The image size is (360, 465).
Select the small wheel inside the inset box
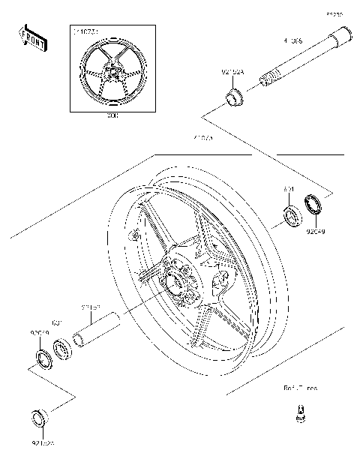tap(112, 74)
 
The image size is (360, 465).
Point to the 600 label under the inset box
tap(112, 117)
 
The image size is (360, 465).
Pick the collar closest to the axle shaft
tap(235, 97)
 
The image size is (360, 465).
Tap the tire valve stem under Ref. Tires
tap(300, 413)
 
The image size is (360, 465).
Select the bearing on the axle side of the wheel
tap(291, 218)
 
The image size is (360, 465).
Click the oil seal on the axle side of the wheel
tap(313, 204)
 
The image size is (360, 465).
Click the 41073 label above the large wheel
tap(182, 139)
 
